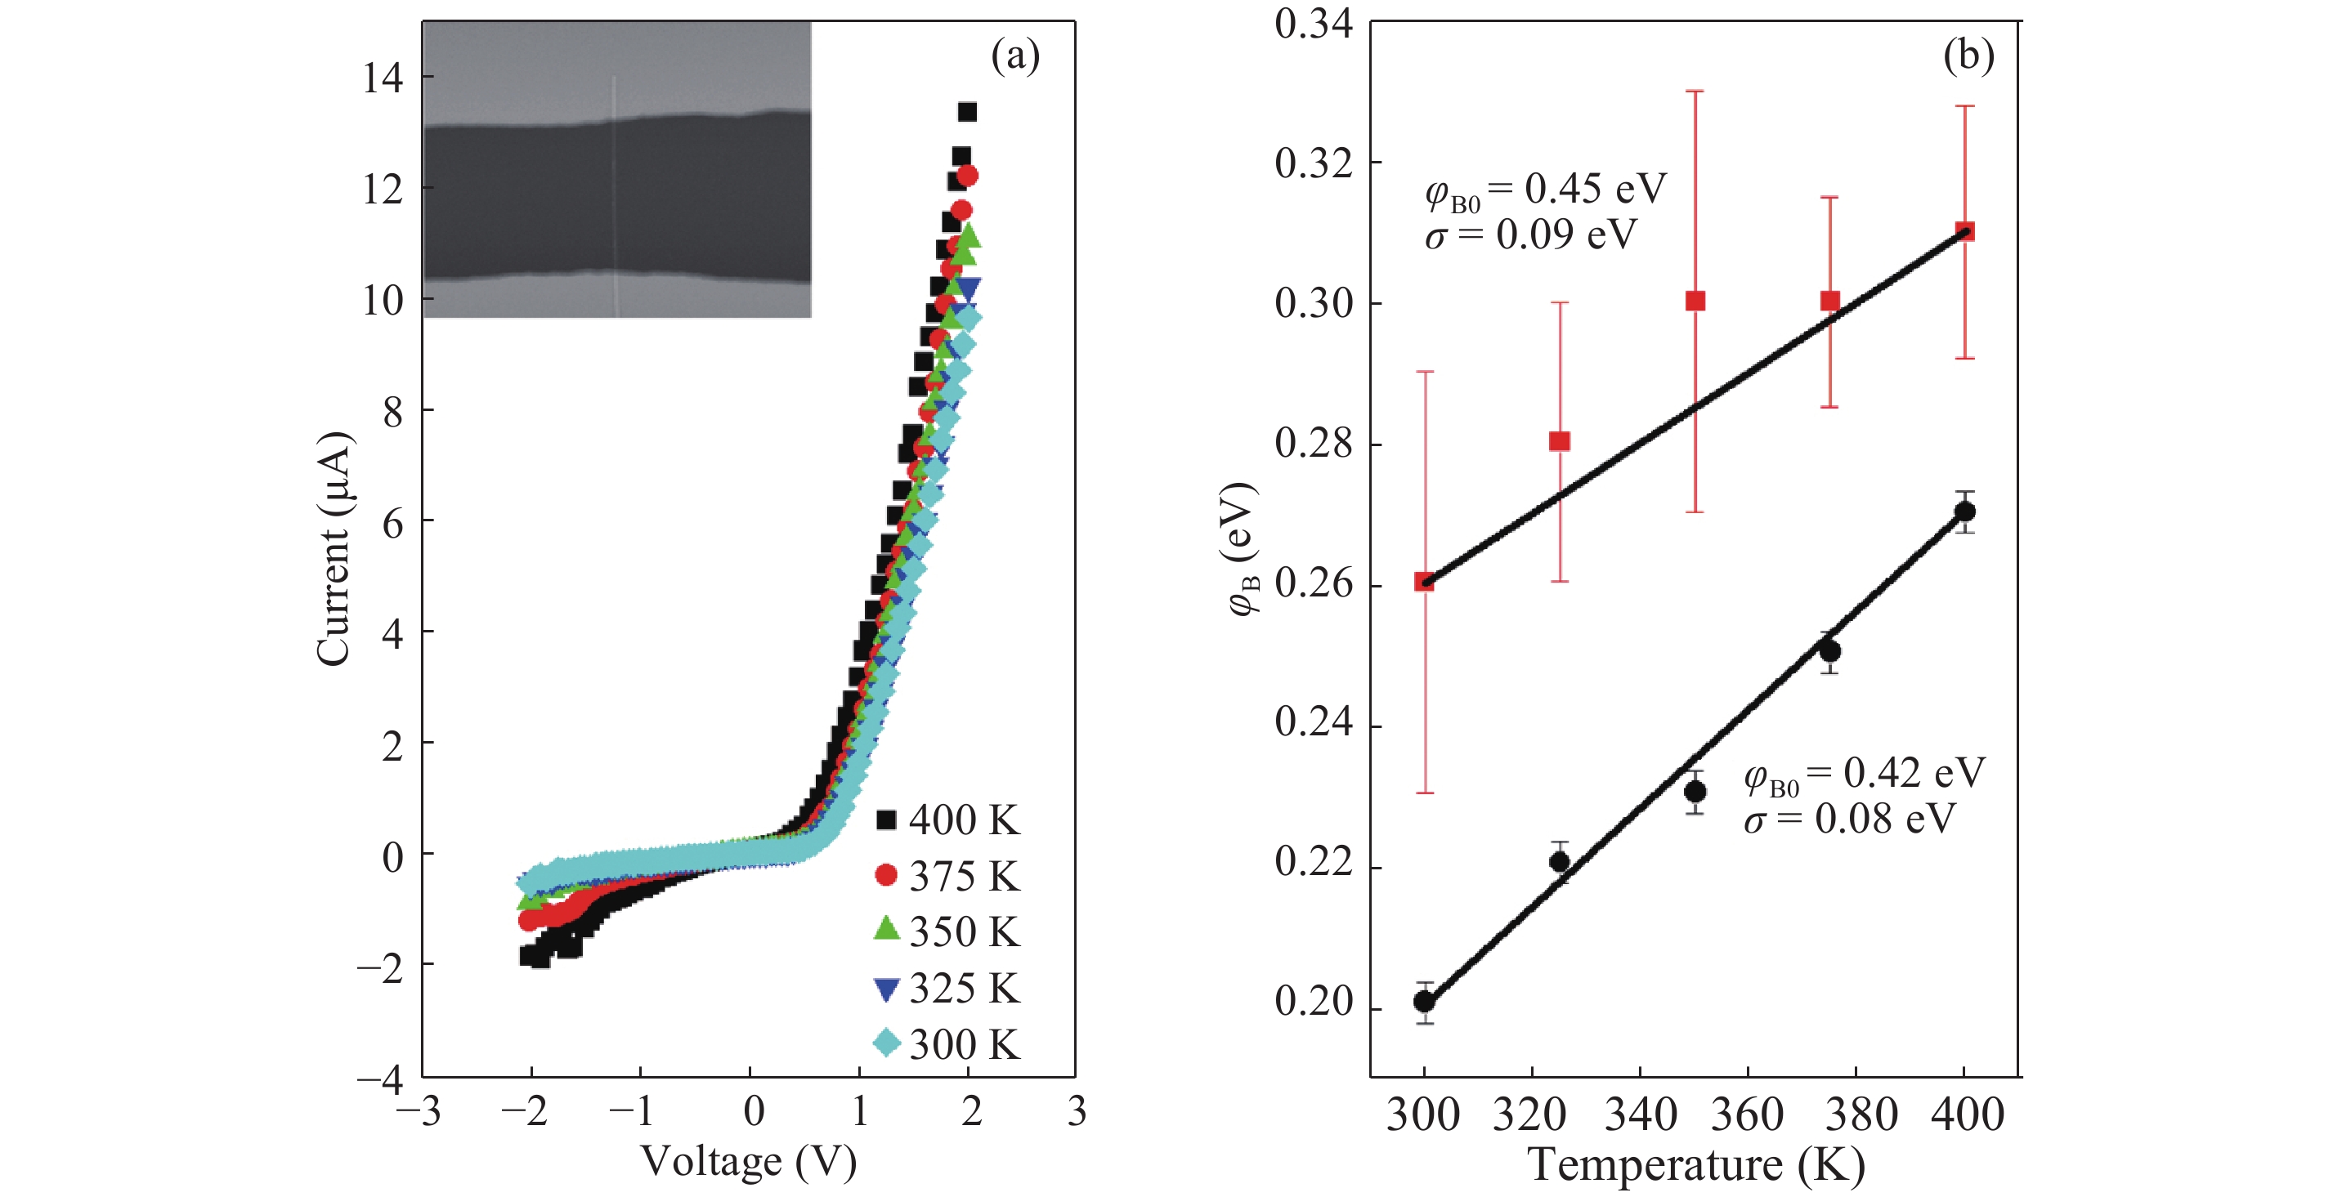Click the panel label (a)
pos(1014,56)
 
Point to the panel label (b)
pos(1968,56)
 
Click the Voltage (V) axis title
pos(748,1162)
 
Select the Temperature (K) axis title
pos(1695,1164)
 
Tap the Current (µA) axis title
pos(334,549)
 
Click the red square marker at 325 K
pos(1559,442)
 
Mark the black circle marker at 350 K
pos(1695,793)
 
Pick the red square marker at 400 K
pos(1964,232)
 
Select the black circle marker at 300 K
pos(1425,1002)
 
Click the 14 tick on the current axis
pos(383,78)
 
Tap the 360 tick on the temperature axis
pos(1747,1114)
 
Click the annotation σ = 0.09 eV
pos(1530,235)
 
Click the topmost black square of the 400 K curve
pos(967,112)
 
